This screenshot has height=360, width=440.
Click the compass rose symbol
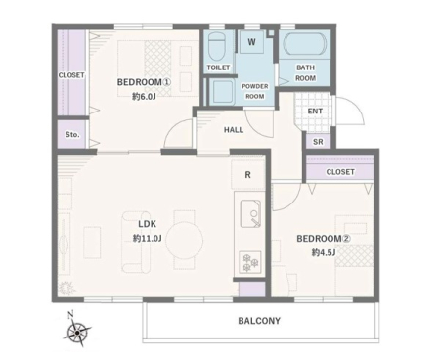(77, 332)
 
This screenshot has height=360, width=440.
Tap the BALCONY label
(259, 321)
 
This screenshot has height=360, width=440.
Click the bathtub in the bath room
(305, 45)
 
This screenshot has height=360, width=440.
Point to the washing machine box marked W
(251, 42)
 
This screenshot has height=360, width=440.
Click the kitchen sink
(250, 213)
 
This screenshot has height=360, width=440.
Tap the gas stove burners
(250, 262)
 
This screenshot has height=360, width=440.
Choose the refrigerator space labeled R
(247, 175)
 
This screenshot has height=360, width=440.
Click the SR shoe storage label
(318, 142)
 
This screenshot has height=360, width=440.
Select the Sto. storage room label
(72, 134)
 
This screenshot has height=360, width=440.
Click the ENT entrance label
(315, 112)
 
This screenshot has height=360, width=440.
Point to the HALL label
(234, 130)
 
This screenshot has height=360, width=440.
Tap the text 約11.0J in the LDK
(148, 239)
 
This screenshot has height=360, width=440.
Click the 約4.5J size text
(324, 252)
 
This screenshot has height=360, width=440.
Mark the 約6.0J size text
(144, 97)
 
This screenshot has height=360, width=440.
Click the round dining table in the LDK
(185, 241)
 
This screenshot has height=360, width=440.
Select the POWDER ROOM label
(255, 91)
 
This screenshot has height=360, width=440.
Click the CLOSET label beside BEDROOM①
(71, 75)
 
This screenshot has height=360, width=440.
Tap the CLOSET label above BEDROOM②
(340, 172)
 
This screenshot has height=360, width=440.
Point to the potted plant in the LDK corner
(66, 289)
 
